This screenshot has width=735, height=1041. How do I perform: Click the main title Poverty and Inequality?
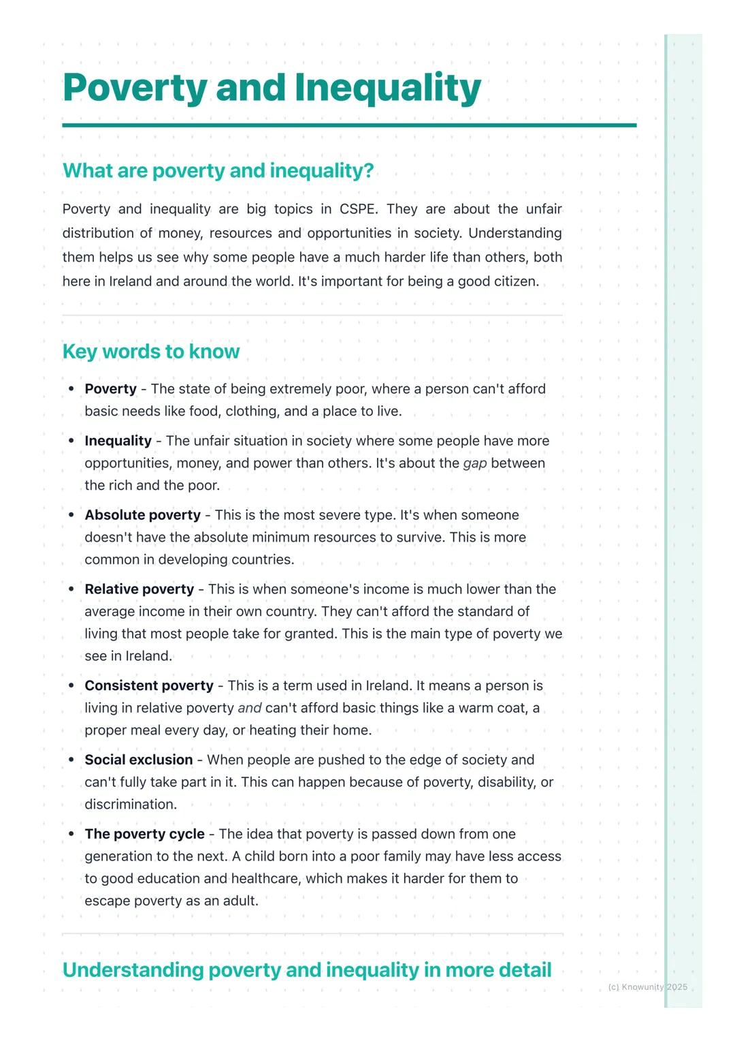point(272,88)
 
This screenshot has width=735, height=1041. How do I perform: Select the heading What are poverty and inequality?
point(218,170)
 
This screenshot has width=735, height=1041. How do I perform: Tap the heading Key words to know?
point(150,352)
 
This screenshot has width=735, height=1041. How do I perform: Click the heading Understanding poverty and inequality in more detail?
point(307,969)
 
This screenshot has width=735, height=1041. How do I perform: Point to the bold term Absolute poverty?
point(142,515)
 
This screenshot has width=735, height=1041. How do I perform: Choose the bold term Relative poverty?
point(139,589)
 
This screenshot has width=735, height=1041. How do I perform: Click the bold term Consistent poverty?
point(148,685)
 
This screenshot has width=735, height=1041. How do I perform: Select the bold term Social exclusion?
point(138,760)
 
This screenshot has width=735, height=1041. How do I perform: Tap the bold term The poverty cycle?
point(144,834)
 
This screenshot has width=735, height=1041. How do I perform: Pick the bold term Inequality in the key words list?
point(118,441)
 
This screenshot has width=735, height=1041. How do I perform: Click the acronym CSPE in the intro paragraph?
point(357,209)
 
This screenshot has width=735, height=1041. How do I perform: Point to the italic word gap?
point(474,463)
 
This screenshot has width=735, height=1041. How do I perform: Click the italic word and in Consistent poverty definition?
point(249,708)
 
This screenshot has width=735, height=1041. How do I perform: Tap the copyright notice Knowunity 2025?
point(647,987)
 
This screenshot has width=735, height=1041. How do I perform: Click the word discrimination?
point(130,805)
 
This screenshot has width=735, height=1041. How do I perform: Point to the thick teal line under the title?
point(349,125)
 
